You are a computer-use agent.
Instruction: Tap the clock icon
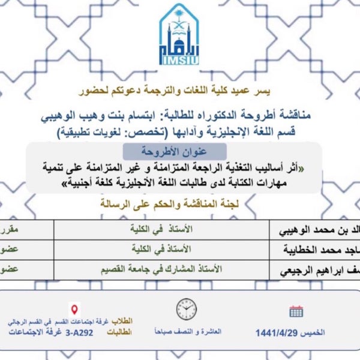click(x=187, y=309)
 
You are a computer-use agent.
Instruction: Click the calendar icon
click(x=296, y=311)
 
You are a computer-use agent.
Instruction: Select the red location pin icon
click(x=75, y=310)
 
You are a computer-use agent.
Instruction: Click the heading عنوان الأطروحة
click(x=174, y=151)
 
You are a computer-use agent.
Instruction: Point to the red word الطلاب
click(x=122, y=321)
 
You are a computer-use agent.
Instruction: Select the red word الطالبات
click(x=120, y=332)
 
